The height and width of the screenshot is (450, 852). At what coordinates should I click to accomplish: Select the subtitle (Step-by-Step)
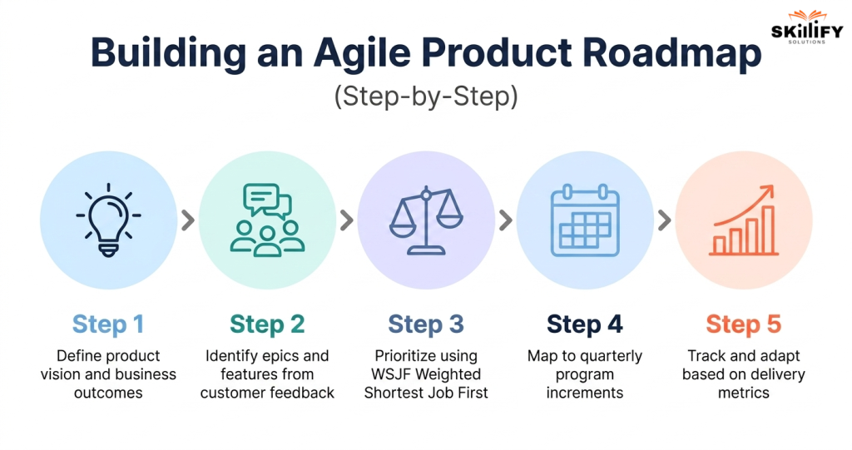point(425,96)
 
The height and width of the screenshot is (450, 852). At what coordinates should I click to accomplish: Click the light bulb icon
point(108,220)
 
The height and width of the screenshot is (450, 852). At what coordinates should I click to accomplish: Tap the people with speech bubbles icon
point(267,220)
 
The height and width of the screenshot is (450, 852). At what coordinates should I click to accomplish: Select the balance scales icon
point(426,220)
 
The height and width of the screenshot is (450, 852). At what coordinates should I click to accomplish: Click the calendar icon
point(585,220)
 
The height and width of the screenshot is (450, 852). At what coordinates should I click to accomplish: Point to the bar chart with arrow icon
point(743,221)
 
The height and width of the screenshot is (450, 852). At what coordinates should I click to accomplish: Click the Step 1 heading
point(108,324)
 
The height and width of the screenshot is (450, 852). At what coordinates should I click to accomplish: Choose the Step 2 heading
point(267,324)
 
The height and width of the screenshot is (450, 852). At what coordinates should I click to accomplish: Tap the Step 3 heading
point(426,324)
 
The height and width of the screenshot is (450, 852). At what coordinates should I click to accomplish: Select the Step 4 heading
point(585,324)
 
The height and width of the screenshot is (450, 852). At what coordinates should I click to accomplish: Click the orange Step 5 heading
point(743,324)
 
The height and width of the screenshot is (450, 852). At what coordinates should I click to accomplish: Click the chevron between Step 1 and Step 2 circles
point(188,220)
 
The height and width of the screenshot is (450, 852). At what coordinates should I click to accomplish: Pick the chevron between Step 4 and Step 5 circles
point(664,220)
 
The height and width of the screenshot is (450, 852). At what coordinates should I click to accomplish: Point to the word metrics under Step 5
point(743,393)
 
